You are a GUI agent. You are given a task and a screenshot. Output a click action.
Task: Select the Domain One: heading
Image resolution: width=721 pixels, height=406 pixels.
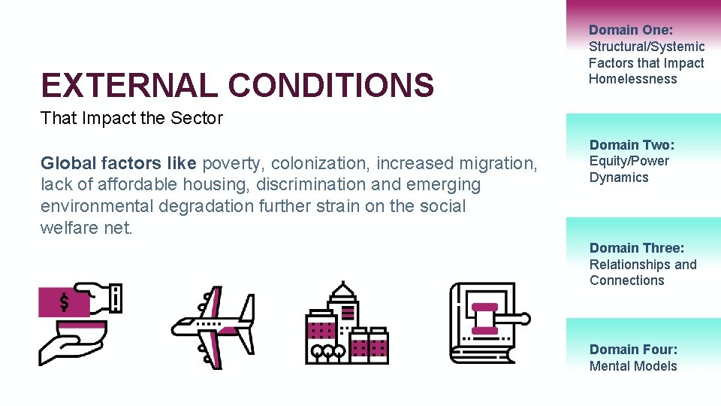631,30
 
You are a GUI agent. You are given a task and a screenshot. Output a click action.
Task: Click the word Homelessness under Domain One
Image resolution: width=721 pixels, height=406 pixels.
632,79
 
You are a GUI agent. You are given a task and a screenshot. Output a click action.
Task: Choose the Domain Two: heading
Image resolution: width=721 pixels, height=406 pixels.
632,144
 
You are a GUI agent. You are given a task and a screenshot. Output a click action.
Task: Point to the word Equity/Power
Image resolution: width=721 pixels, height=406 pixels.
629,161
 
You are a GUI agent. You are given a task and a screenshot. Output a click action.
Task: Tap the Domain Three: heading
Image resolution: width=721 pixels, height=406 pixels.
637,248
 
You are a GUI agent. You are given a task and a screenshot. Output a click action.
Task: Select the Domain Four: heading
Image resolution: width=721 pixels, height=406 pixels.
633,349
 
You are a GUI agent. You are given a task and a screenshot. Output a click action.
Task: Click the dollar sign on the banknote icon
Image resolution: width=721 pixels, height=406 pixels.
65,302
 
